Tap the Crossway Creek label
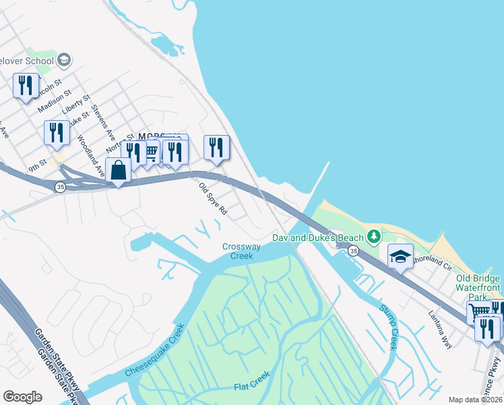point(241,251)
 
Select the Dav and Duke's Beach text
point(317,238)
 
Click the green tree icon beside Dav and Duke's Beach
point(373,237)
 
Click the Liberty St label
point(75,105)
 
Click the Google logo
point(23,397)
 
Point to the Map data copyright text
point(476,400)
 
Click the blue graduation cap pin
point(400,257)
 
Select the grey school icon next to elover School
point(65,61)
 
